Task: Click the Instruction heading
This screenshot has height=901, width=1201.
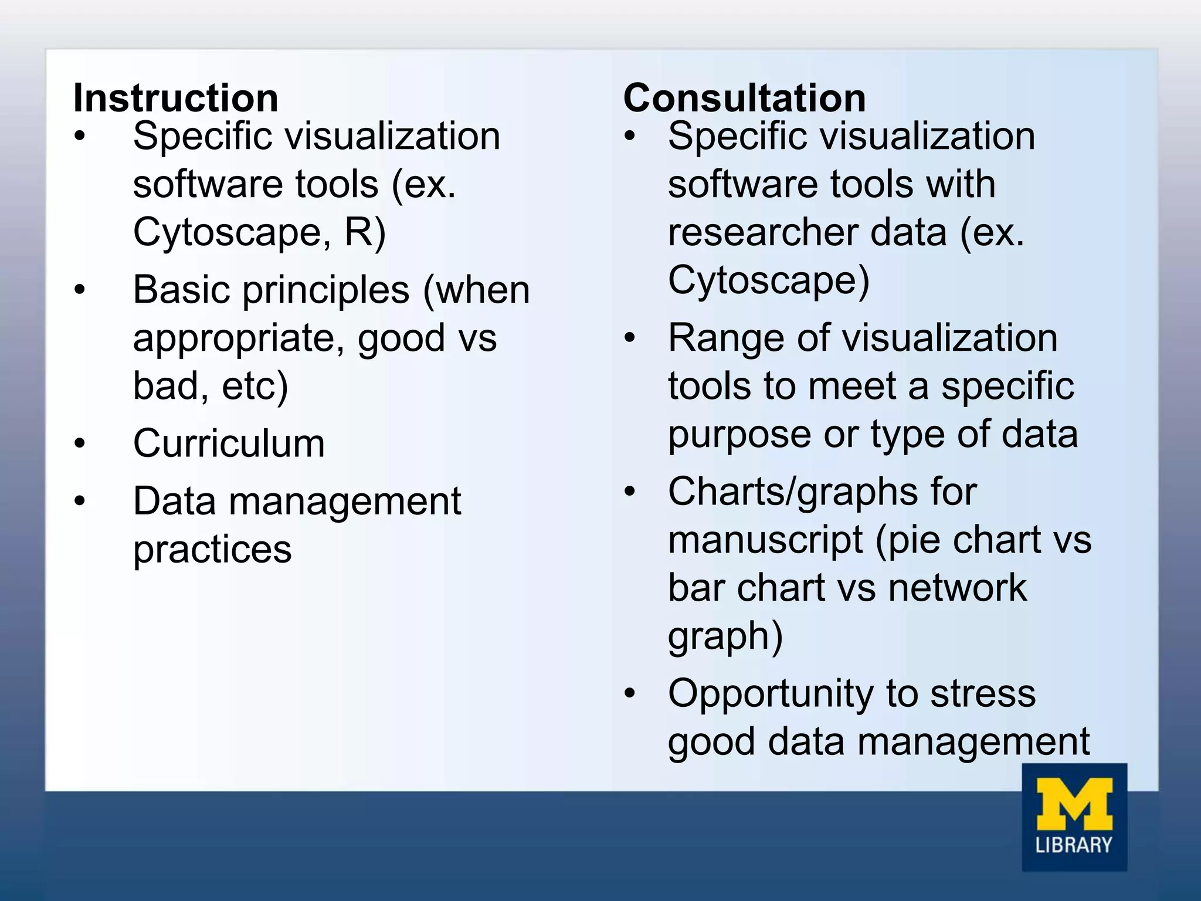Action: [x=175, y=97]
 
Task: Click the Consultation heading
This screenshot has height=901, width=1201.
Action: [x=744, y=97]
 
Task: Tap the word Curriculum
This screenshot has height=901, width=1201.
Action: [x=229, y=443]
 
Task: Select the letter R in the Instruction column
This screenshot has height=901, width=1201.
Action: [x=357, y=232]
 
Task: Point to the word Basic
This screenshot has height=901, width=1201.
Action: [x=182, y=290]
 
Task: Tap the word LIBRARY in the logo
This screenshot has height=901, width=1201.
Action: [x=1074, y=845]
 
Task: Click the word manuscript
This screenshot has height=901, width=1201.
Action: [x=765, y=540]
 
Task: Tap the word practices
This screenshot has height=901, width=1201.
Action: [x=212, y=550]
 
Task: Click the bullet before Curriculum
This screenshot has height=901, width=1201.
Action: [x=80, y=443]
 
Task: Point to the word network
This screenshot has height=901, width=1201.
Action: [x=957, y=588]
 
